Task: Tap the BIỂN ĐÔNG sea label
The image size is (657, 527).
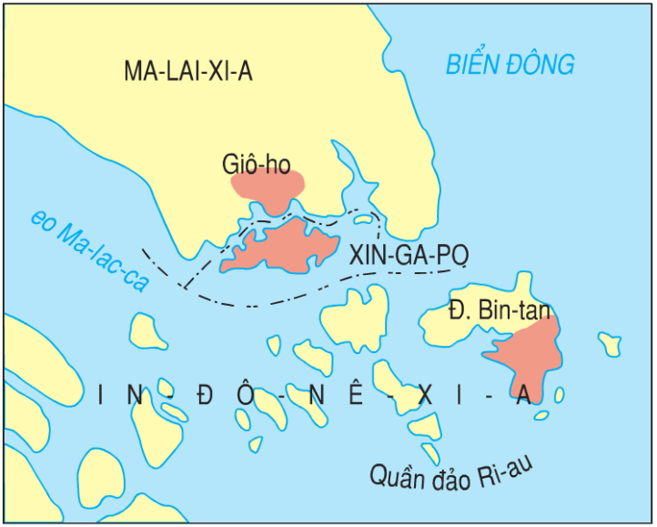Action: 510,65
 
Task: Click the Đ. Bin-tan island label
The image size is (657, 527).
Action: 500,309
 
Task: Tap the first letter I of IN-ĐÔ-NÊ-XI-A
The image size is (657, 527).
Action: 100,395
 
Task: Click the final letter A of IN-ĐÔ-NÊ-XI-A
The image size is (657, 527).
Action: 523,395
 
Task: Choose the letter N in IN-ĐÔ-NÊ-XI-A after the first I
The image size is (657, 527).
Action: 136,395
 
